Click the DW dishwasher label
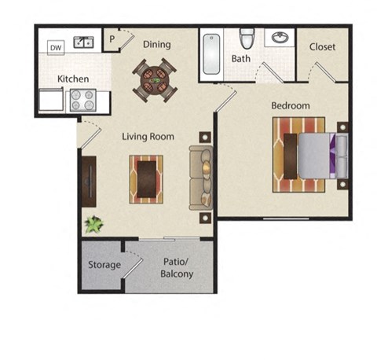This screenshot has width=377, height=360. coord(56,48)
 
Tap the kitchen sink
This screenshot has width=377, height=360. coord(83,42)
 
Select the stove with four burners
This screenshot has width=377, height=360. coord(82,100)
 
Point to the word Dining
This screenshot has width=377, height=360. coord(156,44)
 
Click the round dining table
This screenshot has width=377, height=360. coord(155,79)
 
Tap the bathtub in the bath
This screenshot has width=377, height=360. coord(212,54)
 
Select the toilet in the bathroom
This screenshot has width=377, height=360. coord(247,38)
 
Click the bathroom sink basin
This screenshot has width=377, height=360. coord(280,38)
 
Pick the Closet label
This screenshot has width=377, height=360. coord(322,46)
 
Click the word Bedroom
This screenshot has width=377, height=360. coord(291,105)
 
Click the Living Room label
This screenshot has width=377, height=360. coord(148,136)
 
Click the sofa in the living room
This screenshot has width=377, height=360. coord(200,178)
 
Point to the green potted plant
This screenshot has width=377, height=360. coord(94,225)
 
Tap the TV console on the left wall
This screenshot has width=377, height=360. coord(88,182)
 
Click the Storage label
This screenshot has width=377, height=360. coord(104,265)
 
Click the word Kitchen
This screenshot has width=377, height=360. coord(73,79)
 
